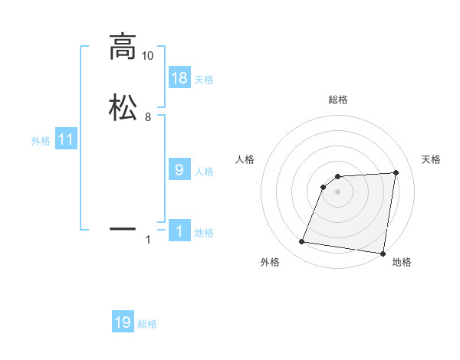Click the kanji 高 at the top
tap(123, 47)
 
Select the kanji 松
tap(123, 107)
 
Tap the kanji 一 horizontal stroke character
tap(123, 228)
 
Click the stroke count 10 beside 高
tap(147, 57)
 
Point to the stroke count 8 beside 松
tap(147, 117)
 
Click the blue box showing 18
tap(179, 77)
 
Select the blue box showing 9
tap(179, 169)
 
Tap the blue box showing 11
tap(66, 139)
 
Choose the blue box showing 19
tap(123, 322)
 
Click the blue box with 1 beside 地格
tap(179, 231)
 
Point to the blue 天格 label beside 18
tap(204, 79)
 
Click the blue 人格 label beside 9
tap(204, 171)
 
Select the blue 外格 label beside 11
tap(41, 141)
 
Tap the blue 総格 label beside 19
tap(147, 324)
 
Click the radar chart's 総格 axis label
tap(338, 100)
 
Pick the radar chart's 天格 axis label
tap(431, 159)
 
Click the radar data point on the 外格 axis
tap(302, 242)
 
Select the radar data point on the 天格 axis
tap(396, 172)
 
